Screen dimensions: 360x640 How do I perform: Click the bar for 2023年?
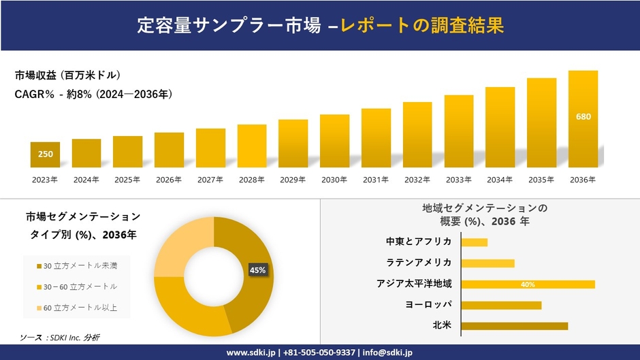[x=45, y=155]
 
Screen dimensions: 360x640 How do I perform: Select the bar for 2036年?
[x=583, y=119]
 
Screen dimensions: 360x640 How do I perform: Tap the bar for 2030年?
[x=334, y=141]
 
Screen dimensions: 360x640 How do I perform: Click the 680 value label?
[x=583, y=116]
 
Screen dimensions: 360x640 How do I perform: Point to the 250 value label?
[x=45, y=154]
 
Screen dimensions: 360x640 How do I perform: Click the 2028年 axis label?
[x=252, y=180]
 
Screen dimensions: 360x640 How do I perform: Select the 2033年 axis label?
[x=458, y=180]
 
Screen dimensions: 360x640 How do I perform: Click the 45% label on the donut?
[x=257, y=270]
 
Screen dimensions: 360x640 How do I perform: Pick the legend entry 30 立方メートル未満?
[x=80, y=265]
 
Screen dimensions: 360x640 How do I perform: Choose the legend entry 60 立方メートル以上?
[x=80, y=308]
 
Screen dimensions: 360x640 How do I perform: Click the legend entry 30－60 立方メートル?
[x=80, y=287]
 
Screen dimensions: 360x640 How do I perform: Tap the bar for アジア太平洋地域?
[x=528, y=284]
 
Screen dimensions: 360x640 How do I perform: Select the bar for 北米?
[x=514, y=326]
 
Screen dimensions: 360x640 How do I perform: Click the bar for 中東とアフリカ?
[x=474, y=242]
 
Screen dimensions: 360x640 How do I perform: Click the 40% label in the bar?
[x=528, y=284]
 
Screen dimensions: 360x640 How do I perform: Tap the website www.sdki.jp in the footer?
[x=250, y=353]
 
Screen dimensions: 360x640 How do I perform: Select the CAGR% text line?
[x=94, y=95]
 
